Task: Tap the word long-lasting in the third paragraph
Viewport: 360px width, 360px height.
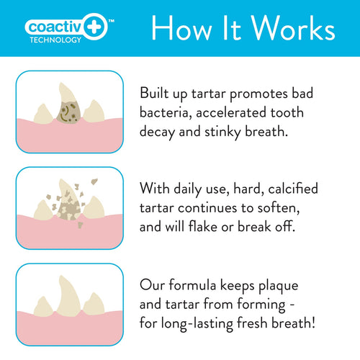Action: point(204,323)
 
